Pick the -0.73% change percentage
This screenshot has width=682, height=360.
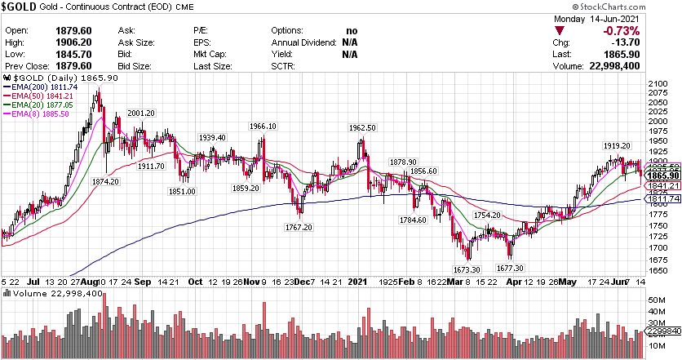[651, 31]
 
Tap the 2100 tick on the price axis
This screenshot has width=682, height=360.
[657, 84]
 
